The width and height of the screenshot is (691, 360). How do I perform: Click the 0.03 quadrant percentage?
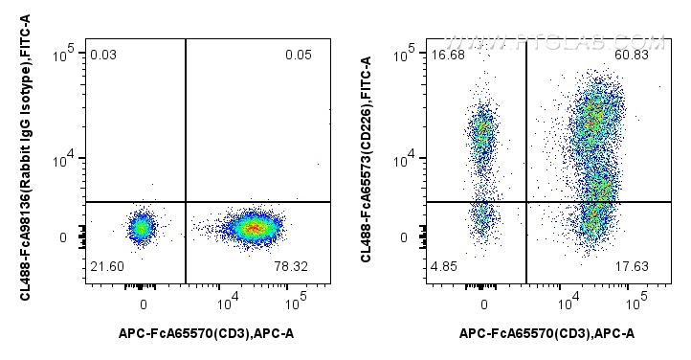pos(102,56)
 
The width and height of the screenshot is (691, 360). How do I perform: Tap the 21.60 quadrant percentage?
pos(105,264)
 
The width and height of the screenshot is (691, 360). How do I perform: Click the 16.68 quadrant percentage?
pos(447,55)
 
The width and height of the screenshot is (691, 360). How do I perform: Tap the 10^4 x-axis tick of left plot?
pos(228,304)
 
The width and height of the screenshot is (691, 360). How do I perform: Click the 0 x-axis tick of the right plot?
pos(484,304)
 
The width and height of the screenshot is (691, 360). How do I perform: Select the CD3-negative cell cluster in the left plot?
pos(142,228)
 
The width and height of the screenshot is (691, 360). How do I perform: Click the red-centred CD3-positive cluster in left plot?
pos(252,228)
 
